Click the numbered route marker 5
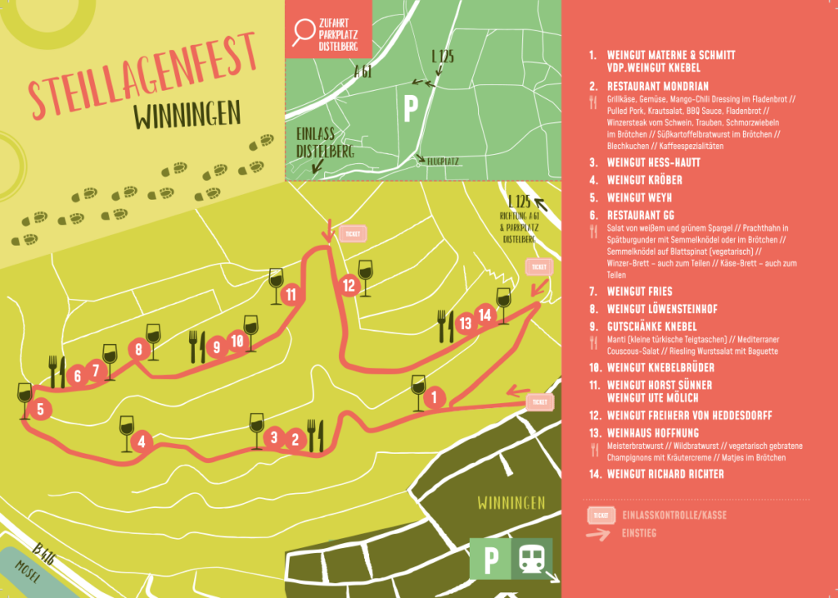point(39,407)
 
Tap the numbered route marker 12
point(349,286)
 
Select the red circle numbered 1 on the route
point(435,399)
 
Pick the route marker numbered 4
point(142,442)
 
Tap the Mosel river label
point(29,577)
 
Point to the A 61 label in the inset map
point(363,74)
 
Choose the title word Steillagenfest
point(143,86)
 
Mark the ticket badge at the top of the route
point(353,233)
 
